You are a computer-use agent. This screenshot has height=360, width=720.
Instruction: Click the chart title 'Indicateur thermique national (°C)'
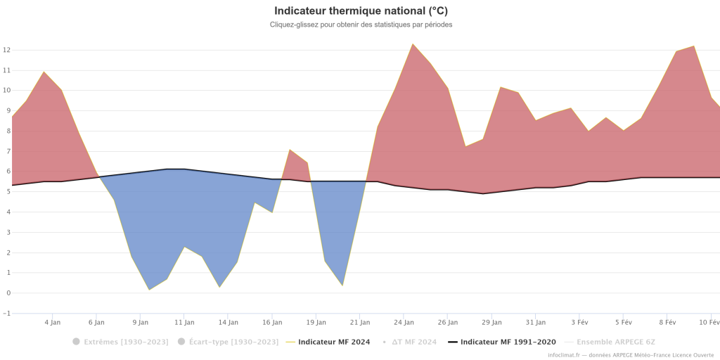point(360,11)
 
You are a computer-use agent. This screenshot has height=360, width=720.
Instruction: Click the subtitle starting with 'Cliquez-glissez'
point(360,25)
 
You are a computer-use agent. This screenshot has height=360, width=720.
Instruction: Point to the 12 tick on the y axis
point(6,50)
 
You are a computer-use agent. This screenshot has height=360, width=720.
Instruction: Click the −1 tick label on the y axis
point(6,314)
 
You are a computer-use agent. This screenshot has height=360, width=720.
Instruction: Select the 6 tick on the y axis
point(6,172)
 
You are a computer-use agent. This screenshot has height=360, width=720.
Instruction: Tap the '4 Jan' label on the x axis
point(52,323)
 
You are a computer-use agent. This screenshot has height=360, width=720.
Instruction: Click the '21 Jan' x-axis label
point(360,323)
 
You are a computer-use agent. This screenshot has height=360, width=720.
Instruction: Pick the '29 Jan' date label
point(491,323)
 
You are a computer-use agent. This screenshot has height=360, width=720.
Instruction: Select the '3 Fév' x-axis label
point(579,323)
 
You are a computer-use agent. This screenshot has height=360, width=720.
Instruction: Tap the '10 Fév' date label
point(709,323)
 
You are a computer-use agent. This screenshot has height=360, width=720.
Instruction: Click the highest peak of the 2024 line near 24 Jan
point(413,44)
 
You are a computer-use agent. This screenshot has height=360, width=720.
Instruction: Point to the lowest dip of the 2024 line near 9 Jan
point(149,289)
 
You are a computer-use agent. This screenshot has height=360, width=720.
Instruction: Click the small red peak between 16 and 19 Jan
point(290,150)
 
